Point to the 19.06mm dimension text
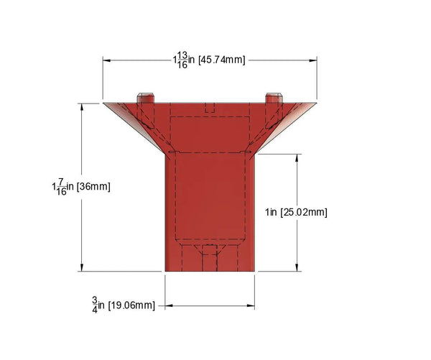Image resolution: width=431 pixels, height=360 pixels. click(131, 305)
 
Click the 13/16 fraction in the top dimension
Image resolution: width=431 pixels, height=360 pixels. click(183, 59)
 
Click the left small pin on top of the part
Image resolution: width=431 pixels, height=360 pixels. click(145, 97)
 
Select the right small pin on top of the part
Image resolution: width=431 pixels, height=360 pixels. click(273, 97)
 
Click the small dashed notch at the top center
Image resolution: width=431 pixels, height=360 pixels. click(210, 108)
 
